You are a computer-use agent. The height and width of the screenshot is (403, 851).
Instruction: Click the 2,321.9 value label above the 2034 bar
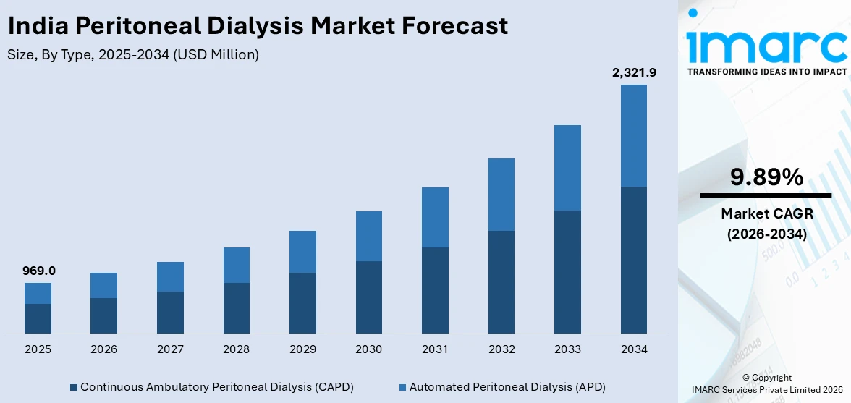click(633, 72)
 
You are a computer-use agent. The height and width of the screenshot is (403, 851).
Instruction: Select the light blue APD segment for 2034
click(633, 135)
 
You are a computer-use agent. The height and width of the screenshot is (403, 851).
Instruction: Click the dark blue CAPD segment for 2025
click(38, 318)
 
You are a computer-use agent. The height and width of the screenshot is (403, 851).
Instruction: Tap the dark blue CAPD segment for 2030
click(368, 297)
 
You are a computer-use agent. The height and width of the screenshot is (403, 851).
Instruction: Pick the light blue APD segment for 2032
click(501, 195)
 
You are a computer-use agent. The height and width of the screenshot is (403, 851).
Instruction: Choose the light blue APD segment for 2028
click(236, 265)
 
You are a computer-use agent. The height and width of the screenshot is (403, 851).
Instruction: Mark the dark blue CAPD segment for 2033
click(567, 271)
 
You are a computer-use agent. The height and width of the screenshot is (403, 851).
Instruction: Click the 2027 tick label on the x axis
click(170, 349)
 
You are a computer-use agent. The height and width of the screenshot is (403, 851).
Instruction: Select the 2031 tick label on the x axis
click(435, 349)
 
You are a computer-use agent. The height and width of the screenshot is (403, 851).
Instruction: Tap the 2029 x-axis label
click(302, 349)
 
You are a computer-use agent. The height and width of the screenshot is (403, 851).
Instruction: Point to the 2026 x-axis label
click(104, 349)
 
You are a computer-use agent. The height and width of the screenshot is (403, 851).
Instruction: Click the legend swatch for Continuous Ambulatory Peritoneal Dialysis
click(74, 387)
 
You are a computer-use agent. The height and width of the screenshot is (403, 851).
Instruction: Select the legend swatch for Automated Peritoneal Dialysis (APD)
click(402, 387)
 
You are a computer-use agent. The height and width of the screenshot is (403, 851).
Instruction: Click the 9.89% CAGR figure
click(766, 177)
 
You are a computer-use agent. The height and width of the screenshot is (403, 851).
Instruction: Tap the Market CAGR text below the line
click(766, 214)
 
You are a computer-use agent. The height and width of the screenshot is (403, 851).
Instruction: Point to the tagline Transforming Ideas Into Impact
click(766, 72)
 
